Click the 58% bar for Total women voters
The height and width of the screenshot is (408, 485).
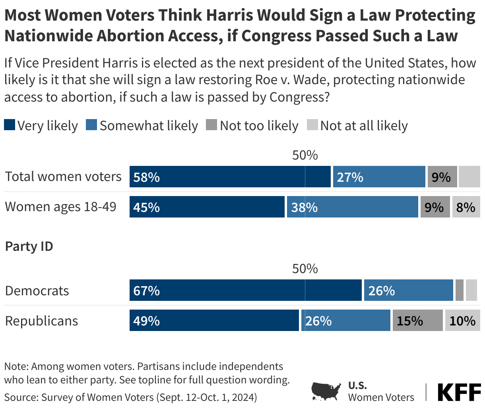(230, 177)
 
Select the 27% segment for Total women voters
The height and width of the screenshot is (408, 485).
(379, 177)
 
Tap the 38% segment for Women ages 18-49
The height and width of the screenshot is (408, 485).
(352, 207)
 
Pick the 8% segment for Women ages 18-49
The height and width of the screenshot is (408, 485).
(466, 207)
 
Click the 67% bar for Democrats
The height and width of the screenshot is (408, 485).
(245, 290)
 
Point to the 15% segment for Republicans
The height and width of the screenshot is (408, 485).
(417, 320)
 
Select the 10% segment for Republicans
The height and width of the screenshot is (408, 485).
(462, 320)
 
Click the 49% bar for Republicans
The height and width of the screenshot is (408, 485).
(214, 320)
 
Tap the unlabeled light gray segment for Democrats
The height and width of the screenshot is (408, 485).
(471, 290)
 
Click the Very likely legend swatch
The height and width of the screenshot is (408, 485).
(10, 125)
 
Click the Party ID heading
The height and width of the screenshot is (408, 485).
(29, 246)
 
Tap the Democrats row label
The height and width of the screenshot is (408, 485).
(37, 291)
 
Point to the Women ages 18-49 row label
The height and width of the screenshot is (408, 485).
(60, 207)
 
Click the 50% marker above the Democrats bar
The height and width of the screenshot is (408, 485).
(305, 269)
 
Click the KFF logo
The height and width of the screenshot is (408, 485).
(459, 392)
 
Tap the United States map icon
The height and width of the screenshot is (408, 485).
(326, 391)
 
